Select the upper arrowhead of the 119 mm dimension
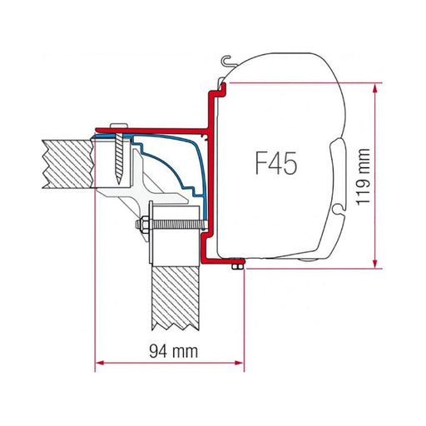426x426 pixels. [x=379, y=86]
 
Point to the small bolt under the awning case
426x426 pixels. [x=238, y=264]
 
